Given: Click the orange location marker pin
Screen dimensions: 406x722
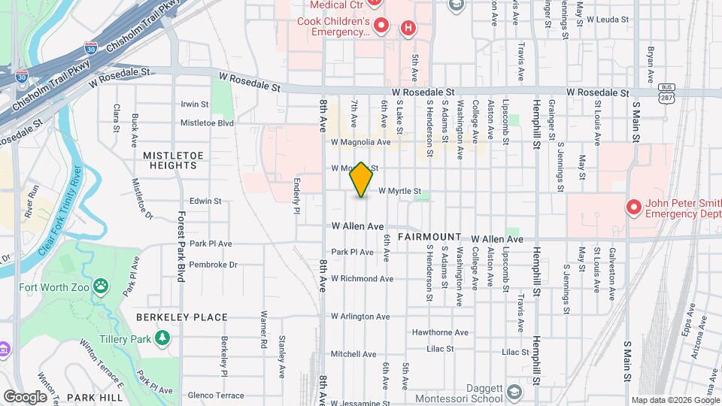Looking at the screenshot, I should [x=362, y=179].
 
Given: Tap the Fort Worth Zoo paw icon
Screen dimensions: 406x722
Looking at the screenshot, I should [x=102, y=286].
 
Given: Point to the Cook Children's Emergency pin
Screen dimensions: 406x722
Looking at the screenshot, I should [x=381, y=27].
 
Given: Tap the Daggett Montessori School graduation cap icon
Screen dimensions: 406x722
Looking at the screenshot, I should [x=514, y=392].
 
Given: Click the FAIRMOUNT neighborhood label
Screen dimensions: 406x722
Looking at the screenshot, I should [x=429, y=237].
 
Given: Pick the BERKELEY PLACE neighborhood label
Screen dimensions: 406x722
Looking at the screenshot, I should [x=171, y=317].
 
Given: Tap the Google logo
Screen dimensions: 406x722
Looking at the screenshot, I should [x=25, y=397].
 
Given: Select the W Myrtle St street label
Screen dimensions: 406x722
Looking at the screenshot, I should [x=399, y=192].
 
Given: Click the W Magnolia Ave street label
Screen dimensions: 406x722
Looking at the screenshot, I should [x=361, y=141].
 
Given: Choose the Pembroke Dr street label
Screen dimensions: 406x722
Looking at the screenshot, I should [x=213, y=265].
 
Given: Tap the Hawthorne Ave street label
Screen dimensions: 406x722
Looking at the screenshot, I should [x=440, y=332].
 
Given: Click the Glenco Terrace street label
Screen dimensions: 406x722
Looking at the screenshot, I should [x=217, y=395].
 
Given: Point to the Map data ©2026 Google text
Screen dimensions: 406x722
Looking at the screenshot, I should [x=674, y=400].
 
